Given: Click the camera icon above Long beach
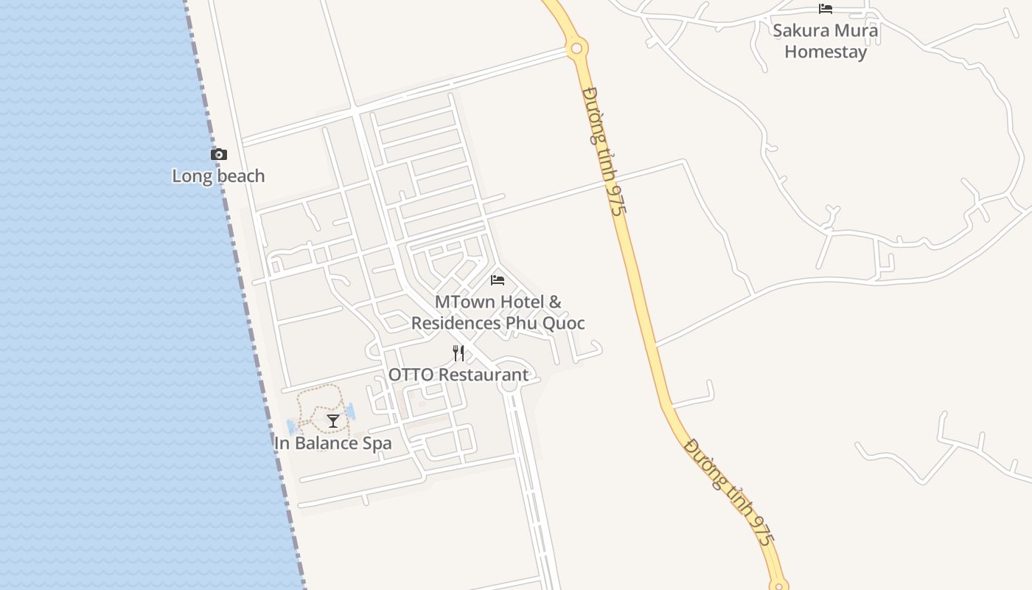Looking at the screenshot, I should (x=219, y=154).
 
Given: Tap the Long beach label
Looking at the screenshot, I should (x=218, y=176).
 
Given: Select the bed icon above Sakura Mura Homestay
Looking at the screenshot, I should (x=826, y=9).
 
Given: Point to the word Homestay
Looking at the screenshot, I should (x=826, y=52).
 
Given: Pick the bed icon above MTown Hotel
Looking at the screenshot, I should (x=498, y=280).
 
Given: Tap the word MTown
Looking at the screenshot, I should (x=464, y=302).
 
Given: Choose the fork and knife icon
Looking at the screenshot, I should (x=459, y=353).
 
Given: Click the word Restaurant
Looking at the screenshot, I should (x=484, y=375).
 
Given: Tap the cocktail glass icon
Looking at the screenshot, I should (x=333, y=421).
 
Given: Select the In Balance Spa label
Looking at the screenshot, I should (x=332, y=443).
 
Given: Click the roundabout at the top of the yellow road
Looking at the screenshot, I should (x=576, y=49).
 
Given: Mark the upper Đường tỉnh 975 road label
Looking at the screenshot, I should (x=604, y=151).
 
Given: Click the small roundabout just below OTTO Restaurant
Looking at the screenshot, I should (x=509, y=385).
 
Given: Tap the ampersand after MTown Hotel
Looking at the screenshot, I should (x=554, y=302).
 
